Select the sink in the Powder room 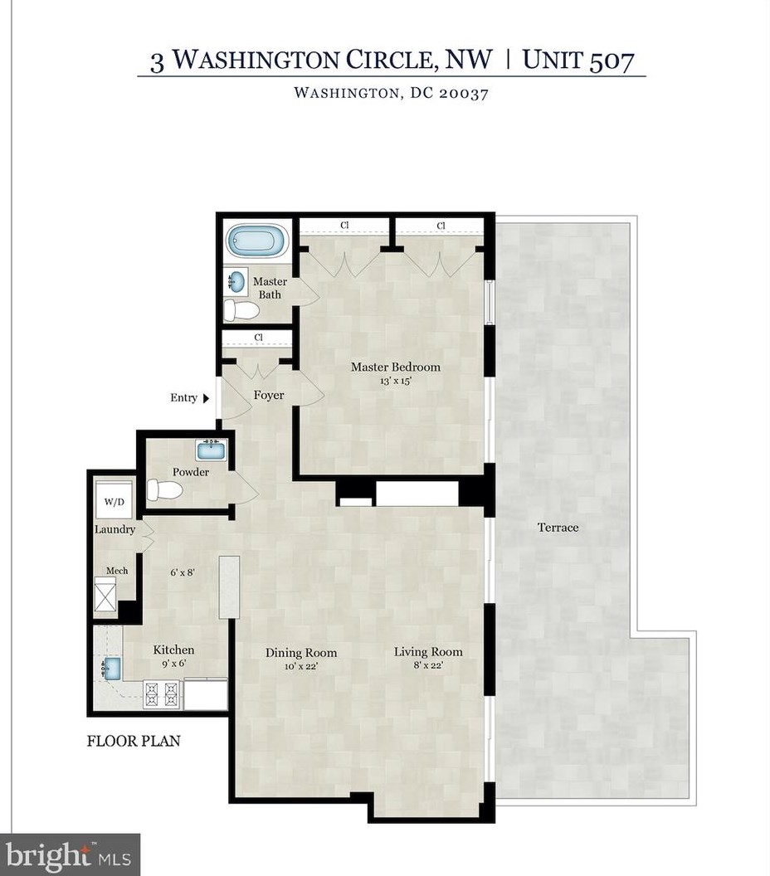[212, 450]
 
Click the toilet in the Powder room [165, 490]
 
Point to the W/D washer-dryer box [114, 500]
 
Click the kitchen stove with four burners [163, 693]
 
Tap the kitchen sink [110, 668]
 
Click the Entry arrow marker [206, 398]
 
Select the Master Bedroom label [396, 367]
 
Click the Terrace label [558, 528]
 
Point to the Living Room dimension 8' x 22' [428, 664]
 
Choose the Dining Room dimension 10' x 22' [300, 665]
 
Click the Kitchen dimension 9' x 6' [173, 663]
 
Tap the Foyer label [269, 395]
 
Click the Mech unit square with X [105, 595]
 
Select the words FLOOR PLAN [134, 741]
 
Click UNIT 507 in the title [578, 59]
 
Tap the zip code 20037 [463, 93]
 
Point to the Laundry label [115, 529]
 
